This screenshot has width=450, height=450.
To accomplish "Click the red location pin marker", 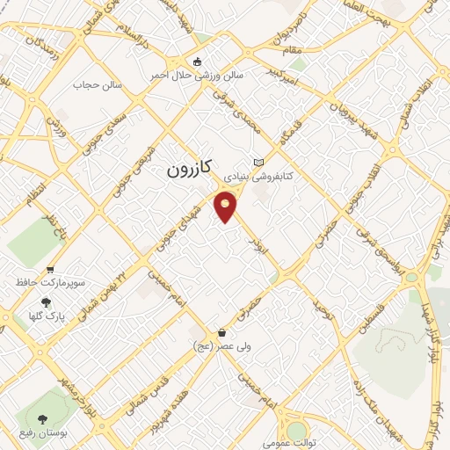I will pyautogui.click(x=226, y=207).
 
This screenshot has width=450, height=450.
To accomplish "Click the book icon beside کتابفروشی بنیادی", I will pyautogui.click(x=258, y=163).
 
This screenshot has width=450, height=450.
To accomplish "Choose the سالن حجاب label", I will pyautogui.click(x=89, y=84).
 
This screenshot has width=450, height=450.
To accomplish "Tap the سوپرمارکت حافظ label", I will pyautogui.click(x=47, y=284).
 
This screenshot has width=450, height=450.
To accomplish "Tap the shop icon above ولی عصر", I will pyautogui.click(x=221, y=333).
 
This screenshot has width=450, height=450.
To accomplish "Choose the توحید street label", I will pyautogui.click(x=324, y=308).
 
